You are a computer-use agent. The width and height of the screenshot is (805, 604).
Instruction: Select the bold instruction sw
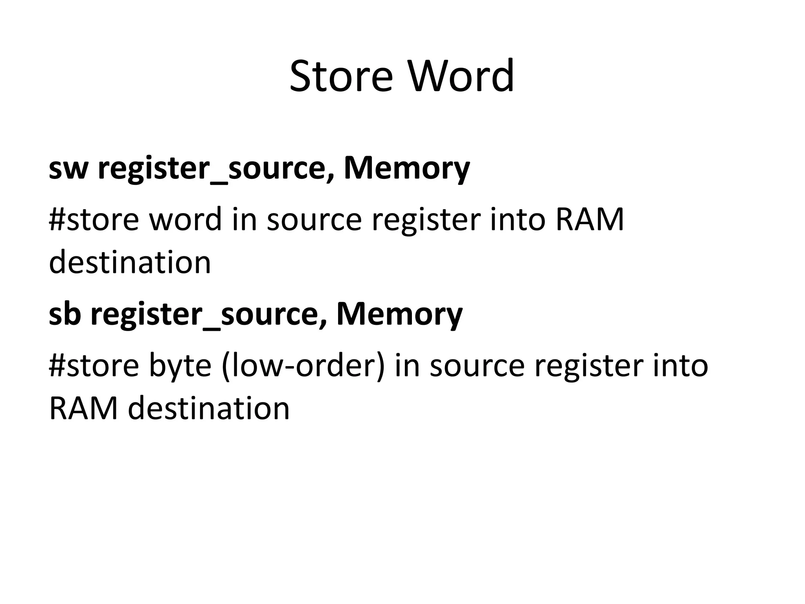[67, 168]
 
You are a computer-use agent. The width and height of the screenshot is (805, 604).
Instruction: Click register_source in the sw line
[215, 168]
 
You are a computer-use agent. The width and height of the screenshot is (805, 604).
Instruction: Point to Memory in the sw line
[407, 168]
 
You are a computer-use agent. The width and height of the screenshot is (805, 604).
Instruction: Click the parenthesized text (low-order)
[303, 365]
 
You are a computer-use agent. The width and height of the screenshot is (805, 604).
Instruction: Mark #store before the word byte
[94, 365]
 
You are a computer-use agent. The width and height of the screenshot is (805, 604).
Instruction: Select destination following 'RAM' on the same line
[209, 408]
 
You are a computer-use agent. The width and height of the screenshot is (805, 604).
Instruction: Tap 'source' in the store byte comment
[477, 365]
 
